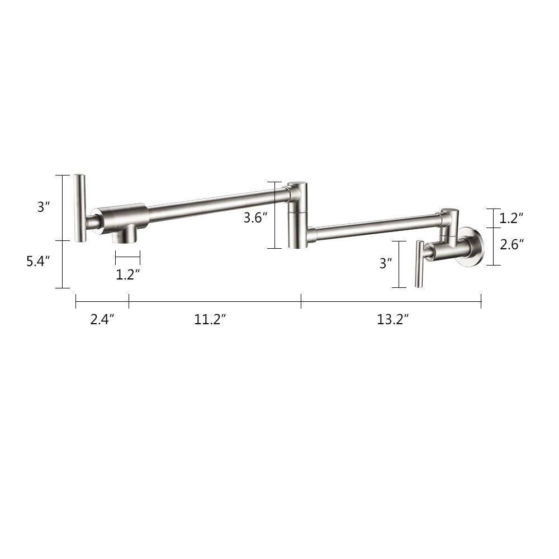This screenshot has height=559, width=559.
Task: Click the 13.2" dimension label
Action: pyautogui.click(x=392, y=319)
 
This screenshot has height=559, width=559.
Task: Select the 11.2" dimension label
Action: pyautogui.click(x=210, y=319)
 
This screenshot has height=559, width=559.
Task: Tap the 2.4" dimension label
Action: pyautogui.click(x=102, y=319)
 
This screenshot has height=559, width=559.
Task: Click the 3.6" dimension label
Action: pyautogui.click(x=255, y=218)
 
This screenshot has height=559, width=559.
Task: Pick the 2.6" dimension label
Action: pyautogui.click(x=511, y=244)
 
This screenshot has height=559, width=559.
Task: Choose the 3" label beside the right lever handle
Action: pyautogui.click(x=386, y=263)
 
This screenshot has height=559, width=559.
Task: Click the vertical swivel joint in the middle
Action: pyautogui.click(x=296, y=215)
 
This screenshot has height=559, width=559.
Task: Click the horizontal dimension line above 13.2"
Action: pyautogui.click(x=391, y=302)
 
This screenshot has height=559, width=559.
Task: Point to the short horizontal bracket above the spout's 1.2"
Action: pyautogui.click(x=127, y=258)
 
